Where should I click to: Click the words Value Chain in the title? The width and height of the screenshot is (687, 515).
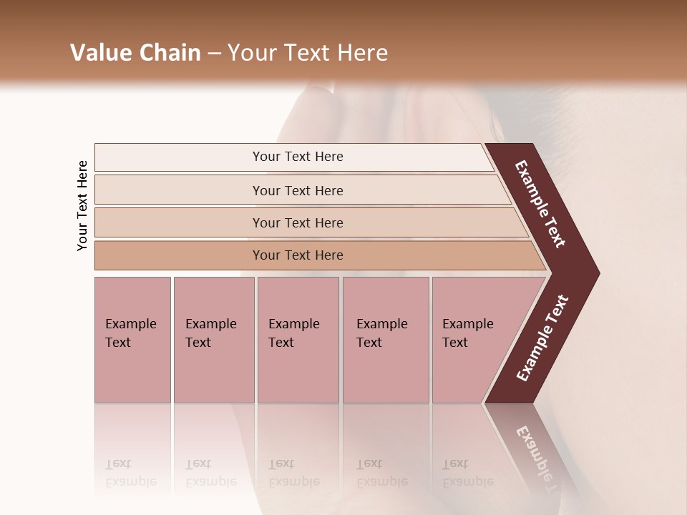pos(135,53)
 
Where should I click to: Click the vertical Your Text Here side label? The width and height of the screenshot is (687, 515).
pos(82,205)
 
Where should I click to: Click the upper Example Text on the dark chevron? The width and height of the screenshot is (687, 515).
pos(541,204)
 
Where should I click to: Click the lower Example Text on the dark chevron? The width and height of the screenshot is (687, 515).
pos(542,338)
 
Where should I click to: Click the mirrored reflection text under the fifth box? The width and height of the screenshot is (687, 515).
pos(468,473)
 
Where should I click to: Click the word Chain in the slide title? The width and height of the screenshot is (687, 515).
pos(169,53)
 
